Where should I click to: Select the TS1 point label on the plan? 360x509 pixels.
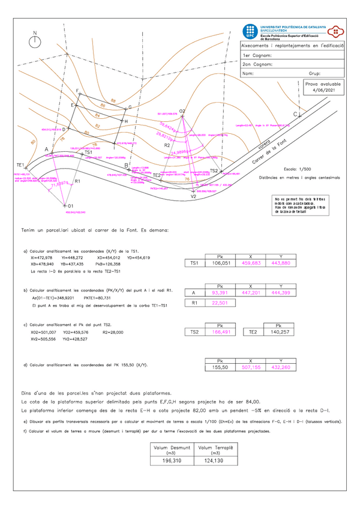(x=88, y=152)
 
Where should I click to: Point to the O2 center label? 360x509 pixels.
(x=182, y=112)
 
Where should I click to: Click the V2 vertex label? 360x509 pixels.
(x=193, y=196)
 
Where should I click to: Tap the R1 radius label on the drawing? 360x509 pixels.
(x=77, y=180)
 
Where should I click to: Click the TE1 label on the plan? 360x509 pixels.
(x=20, y=164)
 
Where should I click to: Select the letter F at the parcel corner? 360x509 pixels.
(x=77, y=90)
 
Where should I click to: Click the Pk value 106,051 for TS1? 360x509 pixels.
(x=220, y=263)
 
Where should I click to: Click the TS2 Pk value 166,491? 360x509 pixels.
(x=220, y=331)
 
